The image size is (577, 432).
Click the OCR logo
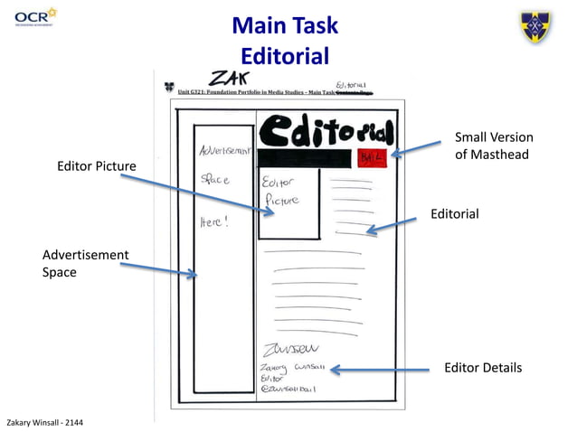[x=35, y=15]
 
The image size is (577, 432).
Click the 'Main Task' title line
[x=284, y=24]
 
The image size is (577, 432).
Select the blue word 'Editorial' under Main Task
[x=284, y=56]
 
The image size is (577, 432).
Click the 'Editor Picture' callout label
[x=97, y=166]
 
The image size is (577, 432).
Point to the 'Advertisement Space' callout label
[x=85, y=263]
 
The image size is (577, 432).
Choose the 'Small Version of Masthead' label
[x=493, y=146]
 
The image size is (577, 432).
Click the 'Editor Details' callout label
[x=483, y=368]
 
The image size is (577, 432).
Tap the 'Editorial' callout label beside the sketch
[x=454, y=214]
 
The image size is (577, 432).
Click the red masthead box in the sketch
[x=373, y=156]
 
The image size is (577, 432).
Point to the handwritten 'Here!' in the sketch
[x=214, y=221]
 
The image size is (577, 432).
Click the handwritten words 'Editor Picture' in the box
[x=281, y=191]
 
